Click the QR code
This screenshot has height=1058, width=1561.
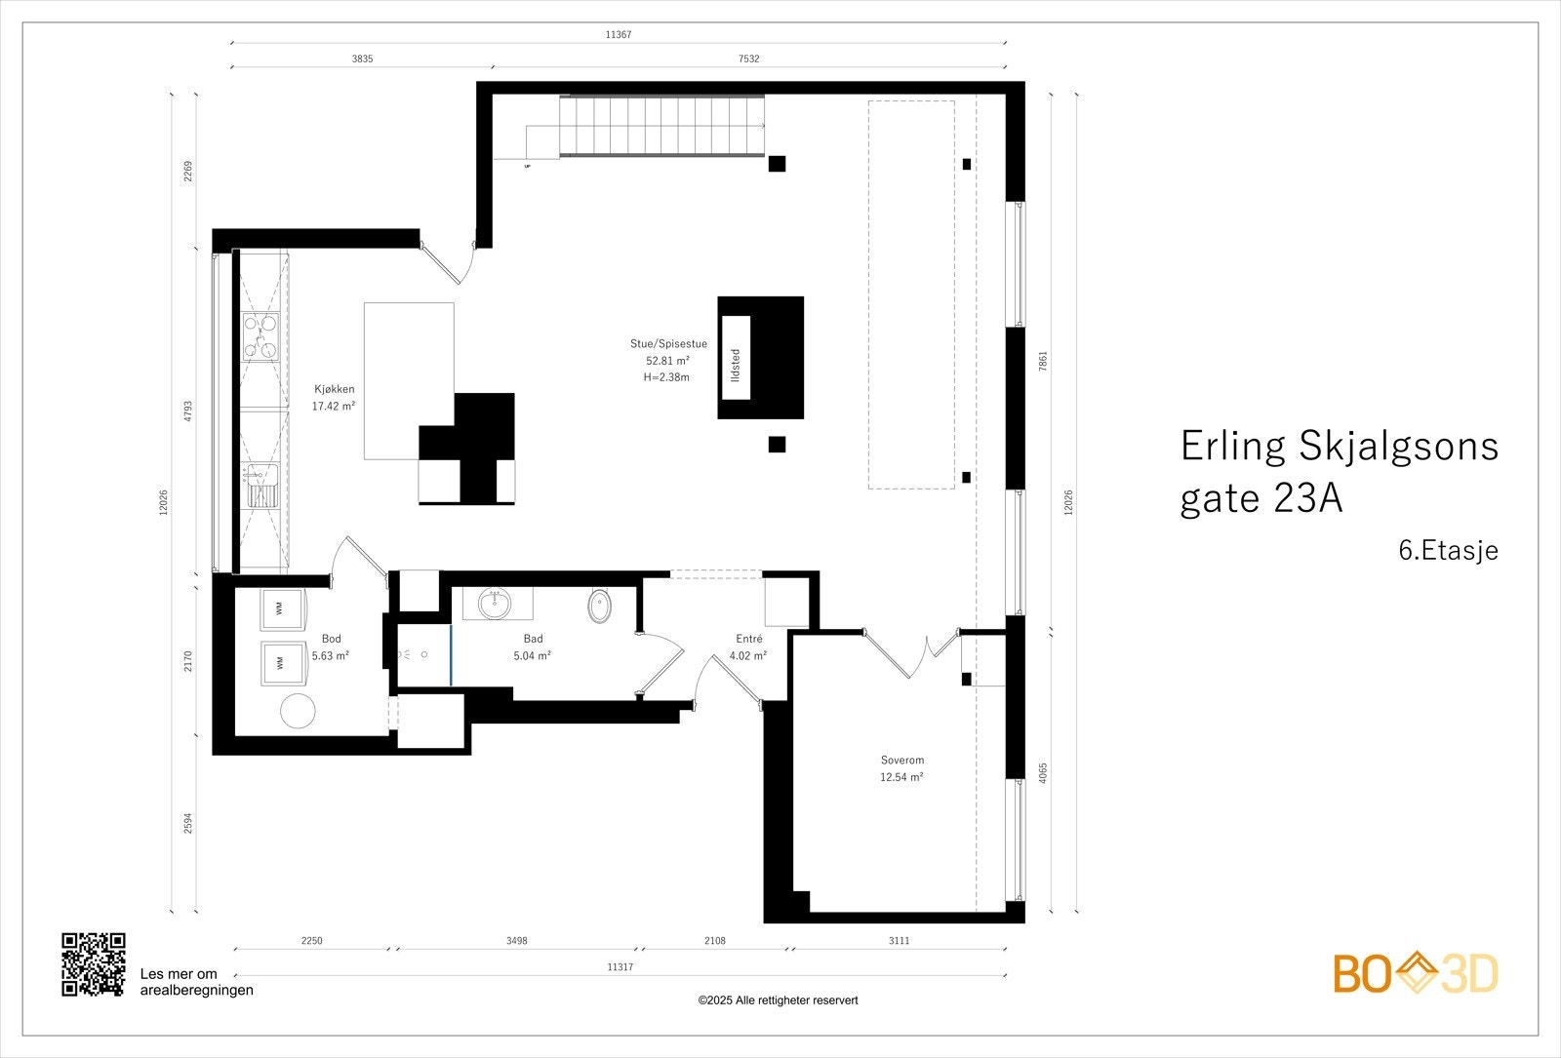[x=94, y=963]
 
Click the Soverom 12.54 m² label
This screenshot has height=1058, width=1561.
[x=901, y=768]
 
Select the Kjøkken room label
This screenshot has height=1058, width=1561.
[x=334, y=397]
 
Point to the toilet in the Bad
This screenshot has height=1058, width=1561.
[x=600, y=607]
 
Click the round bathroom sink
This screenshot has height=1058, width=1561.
[x=495, y=604]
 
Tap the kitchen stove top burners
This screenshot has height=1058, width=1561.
[x=260, y=335]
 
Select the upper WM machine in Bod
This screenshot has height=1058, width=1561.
[x=279, y=608]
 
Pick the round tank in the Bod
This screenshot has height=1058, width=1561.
[x=298, y=711]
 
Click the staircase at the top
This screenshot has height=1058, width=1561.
[x=663, y=127]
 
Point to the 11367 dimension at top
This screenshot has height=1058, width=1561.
[x=619, y=34]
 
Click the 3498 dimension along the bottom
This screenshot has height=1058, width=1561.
[x=517, y=941]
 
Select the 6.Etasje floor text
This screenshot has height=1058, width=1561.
[x=1448, y=551]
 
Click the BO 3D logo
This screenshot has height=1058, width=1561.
[x=1416, y=973]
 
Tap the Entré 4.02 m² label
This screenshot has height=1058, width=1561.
[x=749, y=647]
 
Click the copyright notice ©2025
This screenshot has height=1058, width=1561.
[x=778, y=1000]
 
